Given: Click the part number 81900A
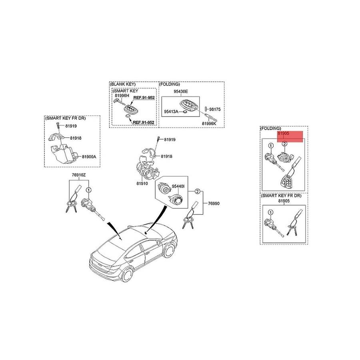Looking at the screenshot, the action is (89, 157).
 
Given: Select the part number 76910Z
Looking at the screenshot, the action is (79, 175).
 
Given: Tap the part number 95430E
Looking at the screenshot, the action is (181, 91).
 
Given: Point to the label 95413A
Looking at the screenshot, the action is (171, 112).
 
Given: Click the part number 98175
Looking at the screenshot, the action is (215, 109).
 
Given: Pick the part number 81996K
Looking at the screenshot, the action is (209, 124).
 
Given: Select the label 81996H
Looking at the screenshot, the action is (122, 96).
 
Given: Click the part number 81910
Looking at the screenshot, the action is (142, 184).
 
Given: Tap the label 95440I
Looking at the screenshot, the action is (178, 186).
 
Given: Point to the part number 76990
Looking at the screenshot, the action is (214, 203).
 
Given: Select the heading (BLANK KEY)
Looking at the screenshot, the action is (123, 84).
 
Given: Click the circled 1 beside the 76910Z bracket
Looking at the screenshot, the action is (89, 190).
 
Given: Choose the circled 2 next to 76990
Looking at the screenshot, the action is (198, 192).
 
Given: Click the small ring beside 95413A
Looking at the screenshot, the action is (184, 112).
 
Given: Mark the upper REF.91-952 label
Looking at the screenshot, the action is (144, 98).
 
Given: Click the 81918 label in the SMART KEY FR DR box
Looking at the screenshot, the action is (76, 138).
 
